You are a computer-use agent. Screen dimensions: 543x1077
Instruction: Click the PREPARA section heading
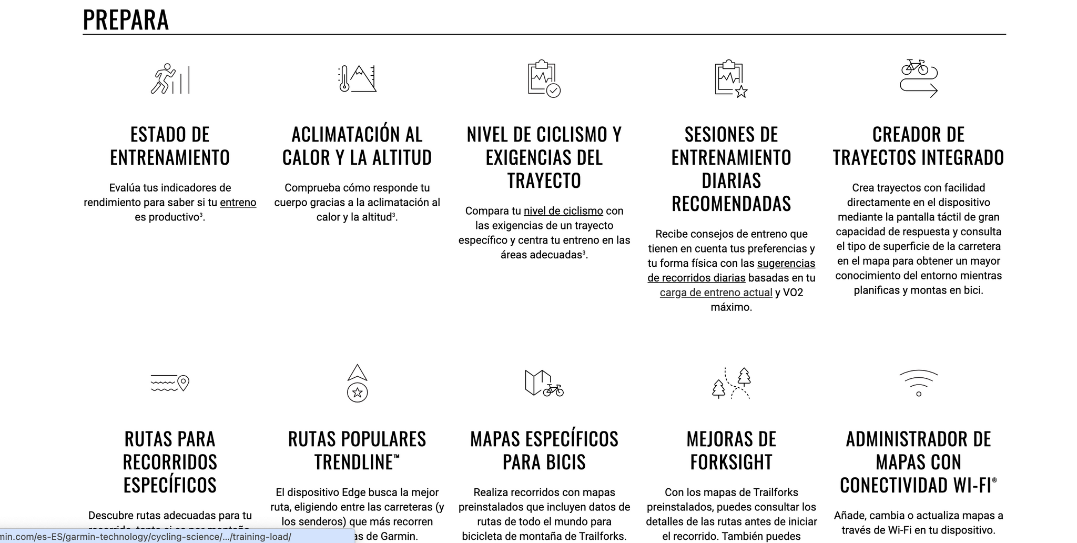pyautogui.click(x=126, y=20)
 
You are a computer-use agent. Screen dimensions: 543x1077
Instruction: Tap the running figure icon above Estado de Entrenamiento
pyautogui.click(x=170, y=79)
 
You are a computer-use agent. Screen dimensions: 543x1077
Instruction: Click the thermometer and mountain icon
pyautogui.click(x=357, y=79)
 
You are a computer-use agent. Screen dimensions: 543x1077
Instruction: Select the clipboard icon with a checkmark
pyautogui.click(x=544, y=79)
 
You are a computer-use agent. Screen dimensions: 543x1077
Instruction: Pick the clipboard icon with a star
pyautogui.click(x=731, y=79)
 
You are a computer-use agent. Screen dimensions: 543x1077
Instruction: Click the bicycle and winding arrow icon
pyautogui.click(x=918, y=79)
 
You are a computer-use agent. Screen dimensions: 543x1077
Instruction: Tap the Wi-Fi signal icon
pyautogui.click(x=918, y=383)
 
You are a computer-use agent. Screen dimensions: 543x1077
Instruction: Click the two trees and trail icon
pyautogui.click(x=731, y=383)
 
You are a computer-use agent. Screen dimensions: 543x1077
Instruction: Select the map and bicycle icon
pyautogui.click(x=544, y=383)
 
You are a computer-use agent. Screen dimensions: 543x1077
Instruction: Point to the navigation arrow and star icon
pyautogui.click(x=357, y=383)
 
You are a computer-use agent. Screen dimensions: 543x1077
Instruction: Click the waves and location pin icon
pyautogui.click(x=170, y=383)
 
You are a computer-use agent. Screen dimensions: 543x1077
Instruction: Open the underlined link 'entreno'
pyautogui.click(x=238, y=203)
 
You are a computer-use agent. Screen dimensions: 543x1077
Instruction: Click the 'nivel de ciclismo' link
pyautogui.click(x=563, y=211)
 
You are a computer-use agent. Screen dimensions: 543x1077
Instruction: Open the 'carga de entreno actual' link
pyautogui.click(x=716, y=293)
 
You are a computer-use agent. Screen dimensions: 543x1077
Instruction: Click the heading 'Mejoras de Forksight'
pyautogui.click(x=731, y=450)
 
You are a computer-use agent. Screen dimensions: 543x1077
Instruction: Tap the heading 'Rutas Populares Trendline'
pyautogui.click(x=357, y=450)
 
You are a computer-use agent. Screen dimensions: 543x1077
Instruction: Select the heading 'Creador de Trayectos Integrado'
pyautogui.click(x=918, y=146)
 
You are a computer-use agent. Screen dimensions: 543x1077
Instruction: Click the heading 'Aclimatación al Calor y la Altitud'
pyautogui.click(x=357, y=146)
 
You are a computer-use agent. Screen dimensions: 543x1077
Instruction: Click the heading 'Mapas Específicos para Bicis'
pyautogui.click(x=544, y=450)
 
